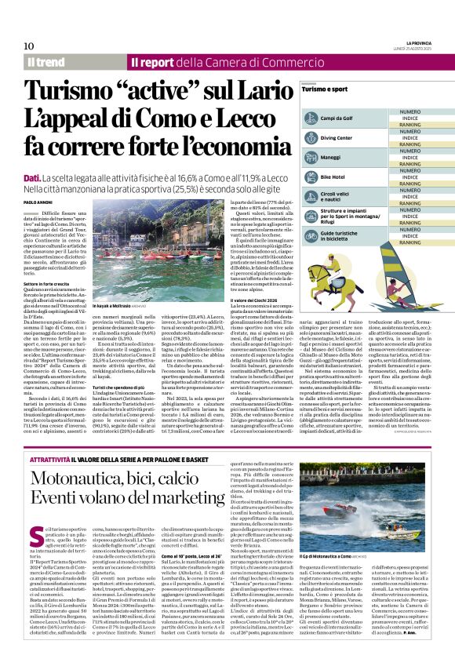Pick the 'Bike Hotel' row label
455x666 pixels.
333,178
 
